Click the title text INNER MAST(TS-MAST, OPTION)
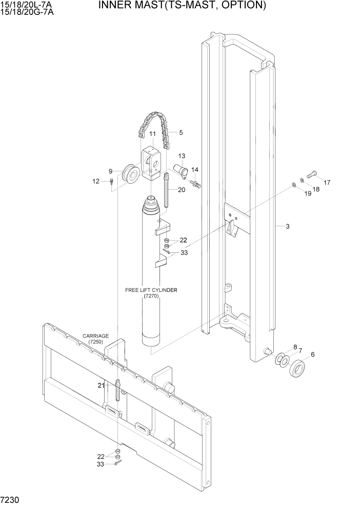pos(182,6)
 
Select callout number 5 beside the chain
pos(181,132)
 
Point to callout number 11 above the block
pos(152,134)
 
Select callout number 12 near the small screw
pos(95,181)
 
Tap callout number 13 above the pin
pos(182,155)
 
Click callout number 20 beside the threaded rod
pos(182,190)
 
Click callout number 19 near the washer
pos(307,193)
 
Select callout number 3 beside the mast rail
pos(288,226)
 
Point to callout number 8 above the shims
pos(295,347)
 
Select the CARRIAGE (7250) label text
pos(95,339)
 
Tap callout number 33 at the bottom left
pos(101,464)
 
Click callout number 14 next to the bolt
pos(195,169)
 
